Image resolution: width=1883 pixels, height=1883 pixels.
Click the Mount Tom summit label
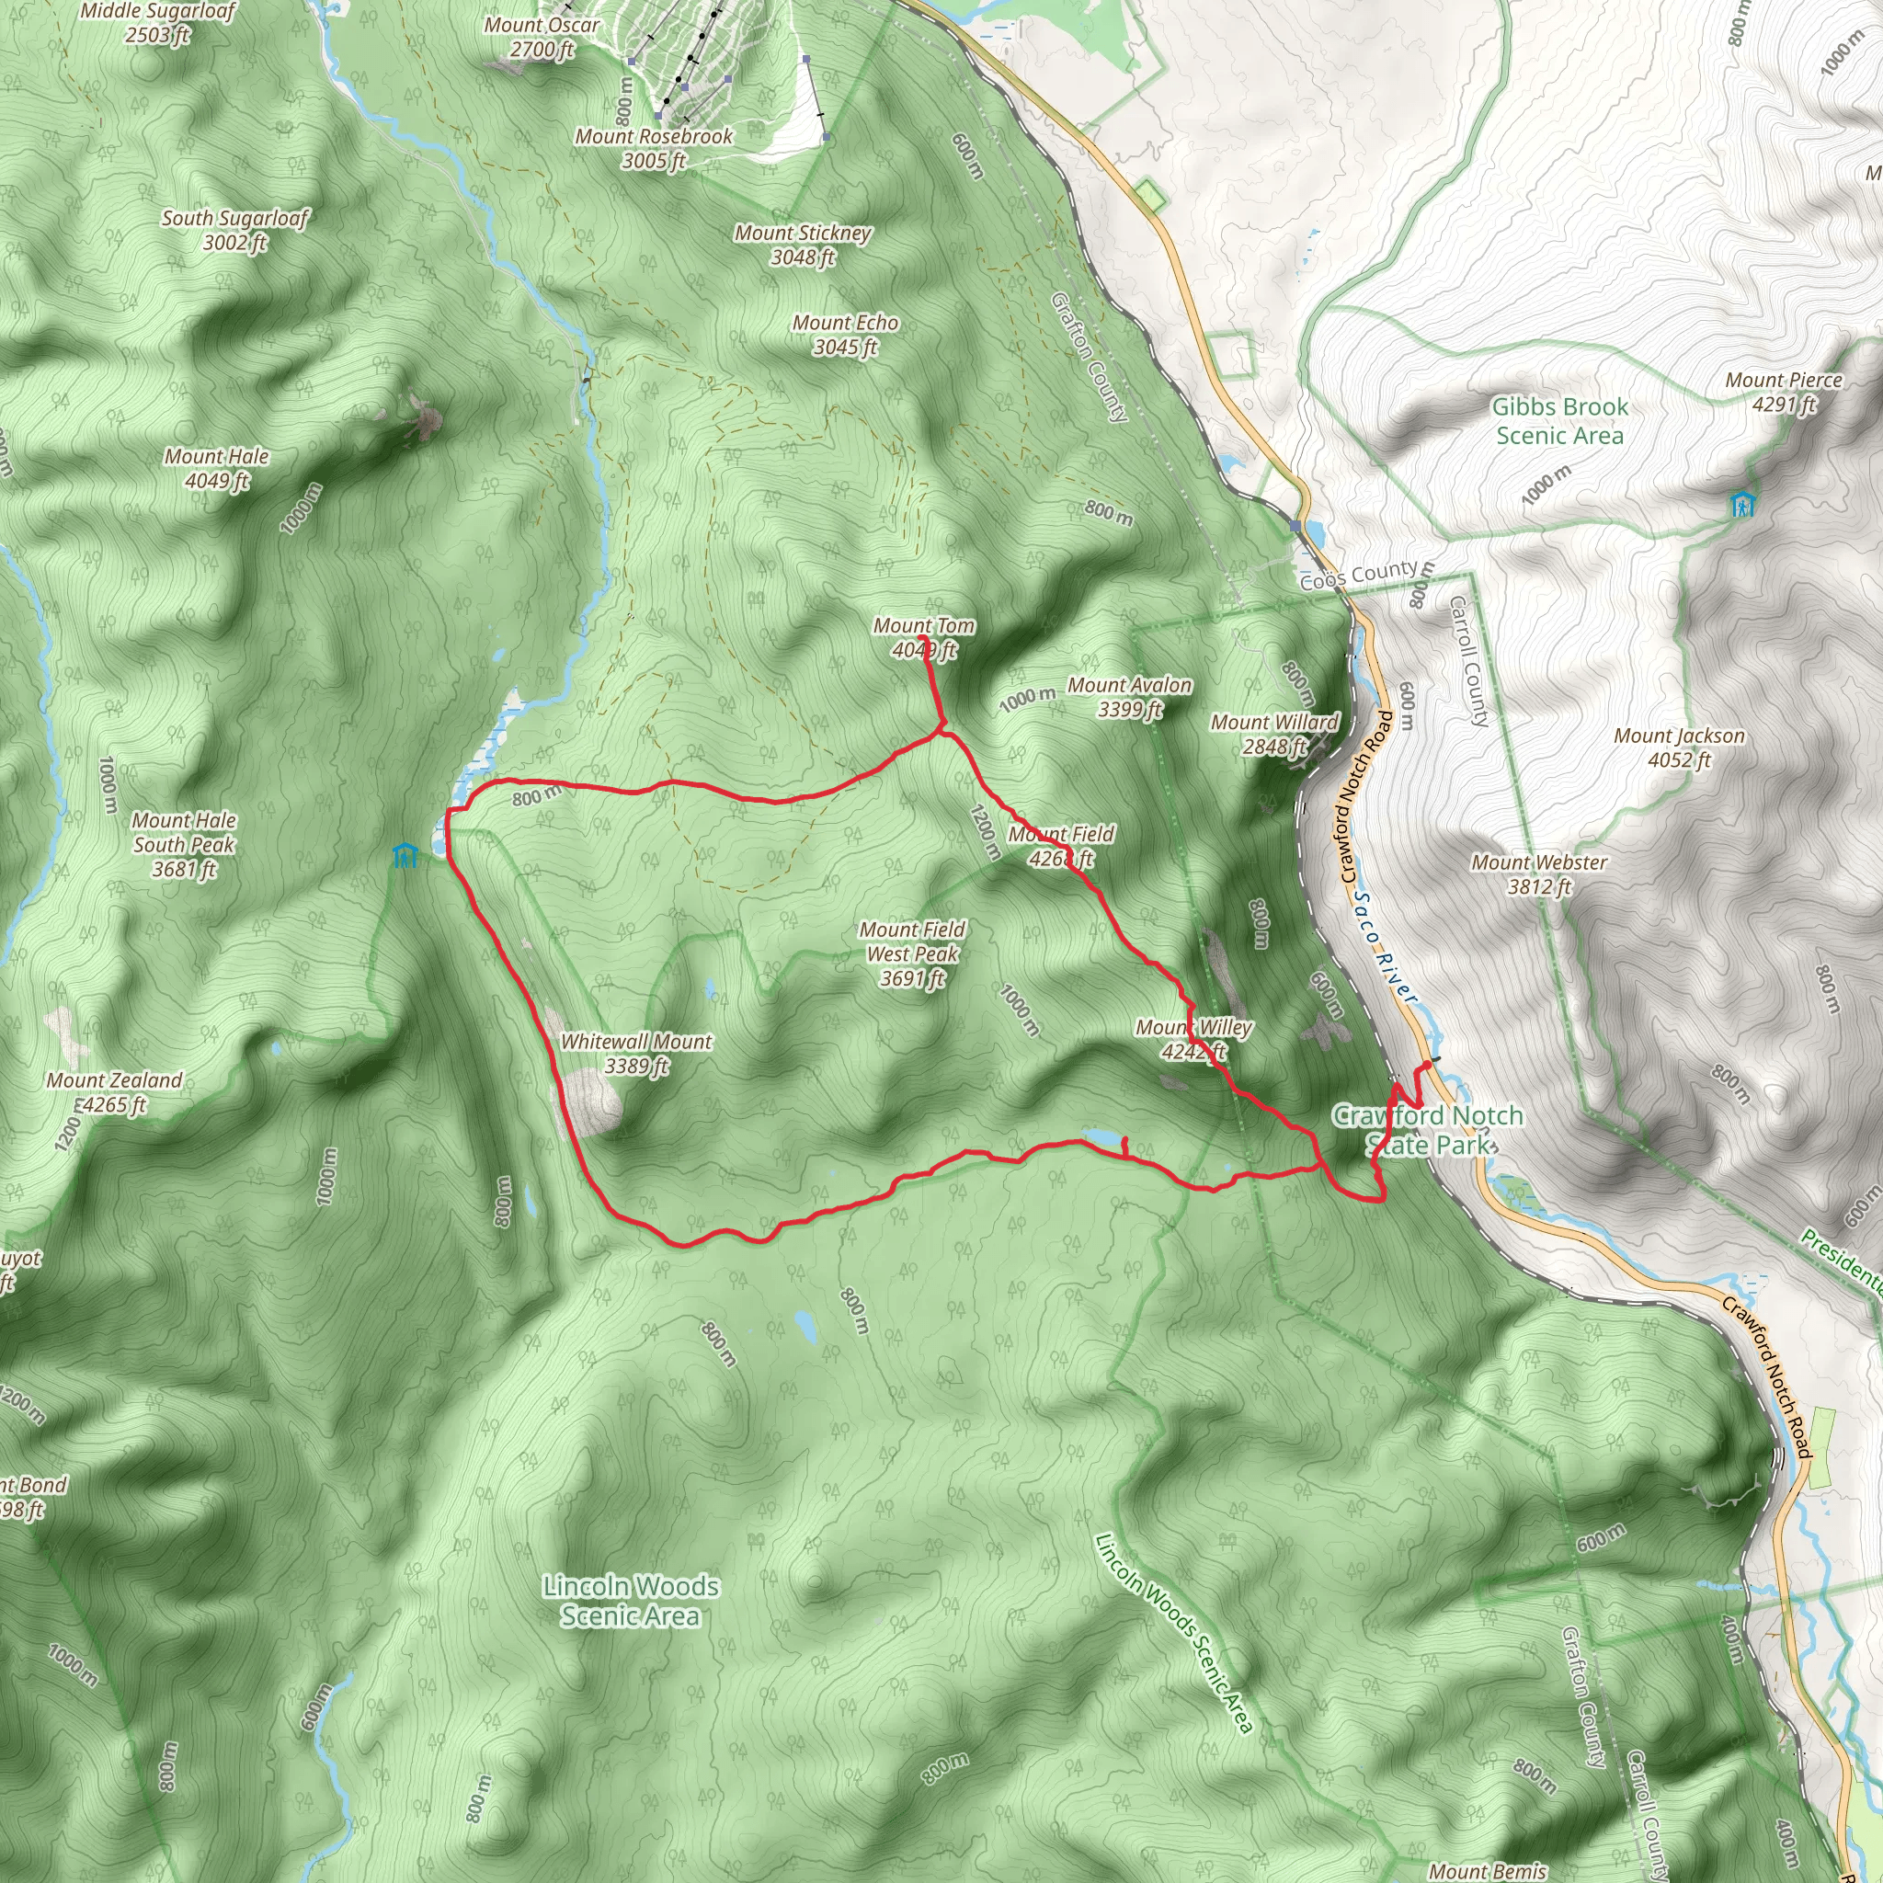pos(923,637)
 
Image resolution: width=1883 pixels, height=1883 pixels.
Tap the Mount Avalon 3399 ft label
pos(1130,697)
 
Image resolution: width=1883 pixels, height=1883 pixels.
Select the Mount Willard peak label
pos(1273,734)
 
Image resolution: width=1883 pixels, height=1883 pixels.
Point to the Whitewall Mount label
pos(635,1054)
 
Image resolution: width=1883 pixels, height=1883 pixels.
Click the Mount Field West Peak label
pos(912,953)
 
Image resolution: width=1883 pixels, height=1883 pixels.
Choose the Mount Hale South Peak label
pos(184,844)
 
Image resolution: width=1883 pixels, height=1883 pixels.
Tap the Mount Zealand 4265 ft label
pos(114,1091)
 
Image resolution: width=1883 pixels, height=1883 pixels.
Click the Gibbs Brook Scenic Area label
pos(1559,421)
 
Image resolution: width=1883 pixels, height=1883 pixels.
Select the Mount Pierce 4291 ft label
pos(1784,392)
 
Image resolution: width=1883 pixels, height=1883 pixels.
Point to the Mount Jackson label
pos(1679,747)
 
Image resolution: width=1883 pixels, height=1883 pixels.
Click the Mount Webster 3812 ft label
pos(1539,874)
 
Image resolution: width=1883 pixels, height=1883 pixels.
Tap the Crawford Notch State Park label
pos(1428,1130)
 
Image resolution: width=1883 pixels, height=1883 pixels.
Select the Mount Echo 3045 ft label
pos(845,335)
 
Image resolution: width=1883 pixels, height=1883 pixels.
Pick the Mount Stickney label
pos(803,245)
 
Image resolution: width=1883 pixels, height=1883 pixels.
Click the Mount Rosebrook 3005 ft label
pos(654,148)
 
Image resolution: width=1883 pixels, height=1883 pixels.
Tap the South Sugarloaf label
pos(234,230)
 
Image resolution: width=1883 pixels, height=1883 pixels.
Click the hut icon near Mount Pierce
pos(1741,505)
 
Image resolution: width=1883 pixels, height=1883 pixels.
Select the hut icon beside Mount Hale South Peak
pos(405,856)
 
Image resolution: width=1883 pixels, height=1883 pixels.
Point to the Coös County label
pos(1359,575)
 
